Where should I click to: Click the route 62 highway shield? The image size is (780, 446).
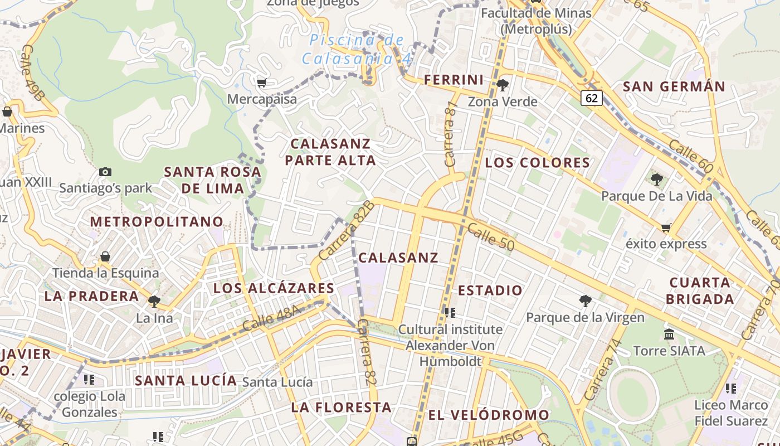[x=592, y=99]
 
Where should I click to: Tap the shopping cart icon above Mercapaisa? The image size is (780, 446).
[x=261, y=83]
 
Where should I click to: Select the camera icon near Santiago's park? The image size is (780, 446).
[x=105, y=172]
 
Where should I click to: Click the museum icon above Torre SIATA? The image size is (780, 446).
[x=669, y=334]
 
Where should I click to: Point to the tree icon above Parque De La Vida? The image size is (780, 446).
[x=657, y=180]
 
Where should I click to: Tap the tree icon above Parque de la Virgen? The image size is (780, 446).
[x=585, y=301]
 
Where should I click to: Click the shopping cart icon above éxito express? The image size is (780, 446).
[x=666, y=227]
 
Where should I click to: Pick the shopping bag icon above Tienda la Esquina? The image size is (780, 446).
[x=105, y=256]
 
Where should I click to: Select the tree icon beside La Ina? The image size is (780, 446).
[x=154, y=302]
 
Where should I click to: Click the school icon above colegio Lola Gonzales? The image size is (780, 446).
[x=89, y=380]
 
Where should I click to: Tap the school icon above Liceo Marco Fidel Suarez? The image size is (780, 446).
[x=731, y=388]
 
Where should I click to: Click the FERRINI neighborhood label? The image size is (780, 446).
[x=454, y=80]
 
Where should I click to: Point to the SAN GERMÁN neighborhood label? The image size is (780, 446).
[x=674, y=86]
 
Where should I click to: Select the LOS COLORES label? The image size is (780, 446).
[x=537, y=163]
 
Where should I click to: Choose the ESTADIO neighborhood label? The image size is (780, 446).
[x=490, y=290]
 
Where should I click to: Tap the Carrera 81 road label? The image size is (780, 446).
[x=450, y=134]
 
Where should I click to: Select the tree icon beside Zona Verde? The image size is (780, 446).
[x=503, y=85]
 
